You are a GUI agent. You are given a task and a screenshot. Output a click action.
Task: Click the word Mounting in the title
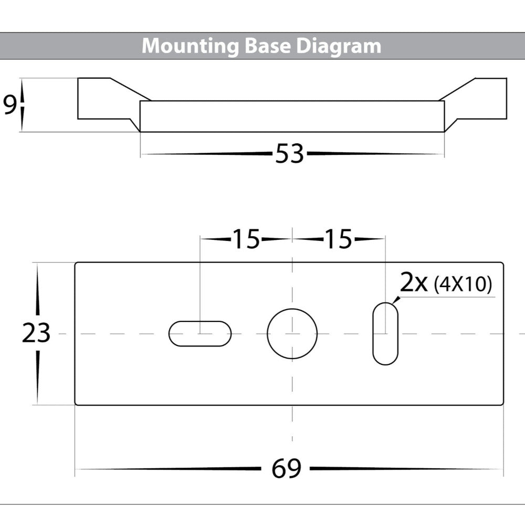(191, 46)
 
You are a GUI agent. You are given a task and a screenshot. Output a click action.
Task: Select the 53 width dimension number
(289, 154)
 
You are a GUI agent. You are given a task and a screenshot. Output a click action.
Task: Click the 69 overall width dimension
(286, 468)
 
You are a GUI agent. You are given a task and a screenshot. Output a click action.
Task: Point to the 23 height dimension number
(36, 333)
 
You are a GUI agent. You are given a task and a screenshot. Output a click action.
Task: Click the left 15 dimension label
(246, 239)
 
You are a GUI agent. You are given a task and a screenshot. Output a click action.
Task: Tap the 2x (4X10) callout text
(445, 284)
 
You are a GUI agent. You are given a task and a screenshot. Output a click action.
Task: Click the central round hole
(292, 333)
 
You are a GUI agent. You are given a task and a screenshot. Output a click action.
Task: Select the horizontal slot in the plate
(199, 333)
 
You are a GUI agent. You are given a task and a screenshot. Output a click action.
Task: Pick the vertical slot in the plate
(385, 333)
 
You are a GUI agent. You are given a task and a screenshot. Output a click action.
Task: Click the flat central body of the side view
(292, 117)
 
